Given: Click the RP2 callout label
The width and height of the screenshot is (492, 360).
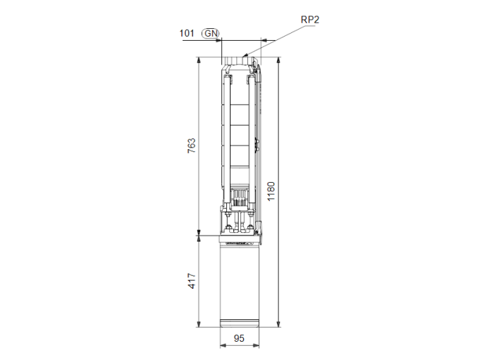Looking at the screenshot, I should tap(310, 20).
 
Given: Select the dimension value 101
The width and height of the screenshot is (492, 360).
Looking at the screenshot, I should tap(186, 33).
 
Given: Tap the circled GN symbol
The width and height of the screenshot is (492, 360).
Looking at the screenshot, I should tap(210, 33).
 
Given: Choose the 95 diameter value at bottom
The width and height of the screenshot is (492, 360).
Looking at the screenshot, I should tap(240, 338).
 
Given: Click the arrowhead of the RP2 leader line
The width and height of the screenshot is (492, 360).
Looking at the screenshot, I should tap(245, 55).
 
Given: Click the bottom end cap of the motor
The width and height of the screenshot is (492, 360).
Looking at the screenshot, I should tap(240, 324).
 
